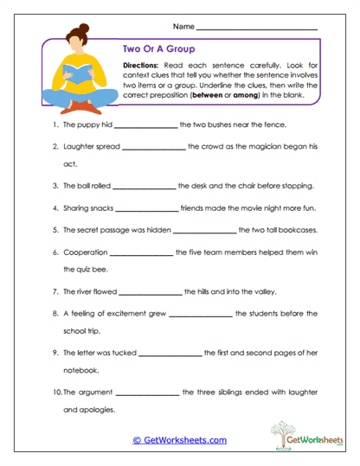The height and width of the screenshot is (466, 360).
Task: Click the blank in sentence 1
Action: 145,125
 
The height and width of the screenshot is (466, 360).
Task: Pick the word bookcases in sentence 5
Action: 287,231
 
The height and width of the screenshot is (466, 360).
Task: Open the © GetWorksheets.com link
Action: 180,440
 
